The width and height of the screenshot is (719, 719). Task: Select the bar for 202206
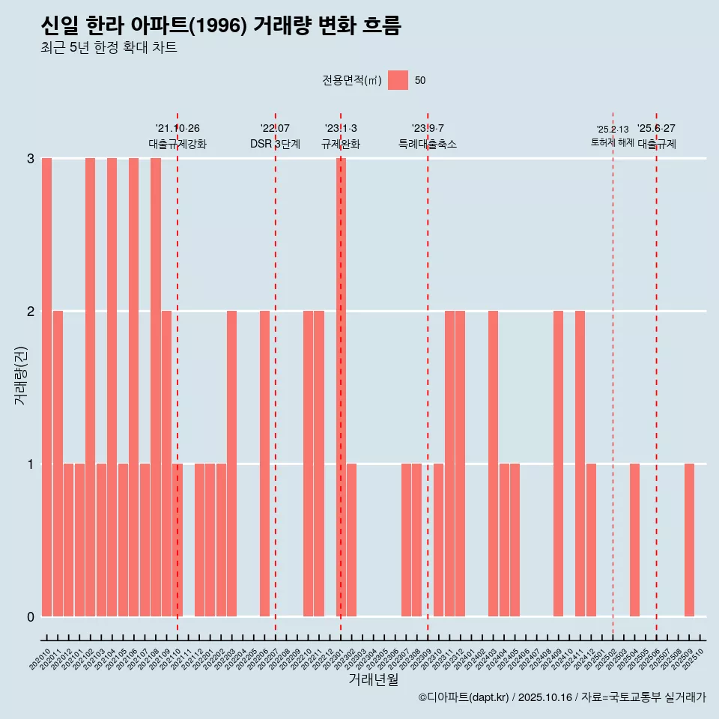tap(264, 464)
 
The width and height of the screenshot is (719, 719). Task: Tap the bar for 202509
tap(689, 540)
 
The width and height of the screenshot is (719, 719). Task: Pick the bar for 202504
tap(634, 540)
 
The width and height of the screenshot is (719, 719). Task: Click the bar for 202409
tap(558, 464)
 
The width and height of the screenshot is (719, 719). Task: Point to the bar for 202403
tap(493, 464)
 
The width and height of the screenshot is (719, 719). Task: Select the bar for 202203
tap(231, 464)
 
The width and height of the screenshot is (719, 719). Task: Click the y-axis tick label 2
tap(31, 311)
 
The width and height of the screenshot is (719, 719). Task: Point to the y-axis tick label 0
tap(31, 616)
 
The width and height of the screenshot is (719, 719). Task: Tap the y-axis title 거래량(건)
tap(20, 375)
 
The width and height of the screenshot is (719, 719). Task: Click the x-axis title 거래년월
tap(373, 680)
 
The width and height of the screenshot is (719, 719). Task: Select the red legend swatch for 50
tap(398, 80)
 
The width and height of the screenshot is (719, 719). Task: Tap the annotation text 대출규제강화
tap(178, 144)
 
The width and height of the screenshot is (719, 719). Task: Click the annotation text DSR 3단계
tap(275, 144)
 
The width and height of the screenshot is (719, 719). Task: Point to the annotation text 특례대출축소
tap(427, 144)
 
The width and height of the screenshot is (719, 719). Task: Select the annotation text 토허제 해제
tap(612, 142)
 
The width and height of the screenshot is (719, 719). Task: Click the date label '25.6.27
tap(656, 129)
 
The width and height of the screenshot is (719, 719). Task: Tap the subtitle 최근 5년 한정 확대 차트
tap(109, 49)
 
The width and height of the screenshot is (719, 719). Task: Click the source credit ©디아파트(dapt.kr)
tap(463, 697)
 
